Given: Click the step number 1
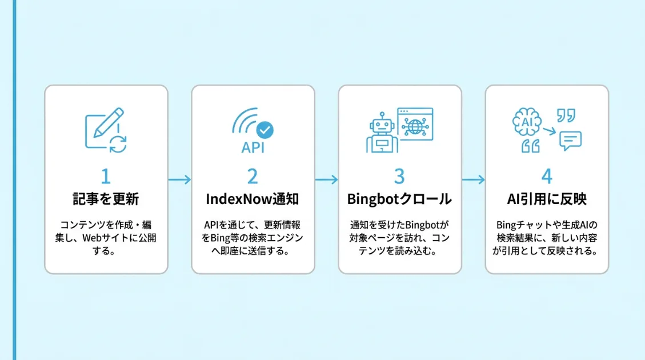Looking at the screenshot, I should pos(106,175).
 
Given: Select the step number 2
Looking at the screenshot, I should pos(253,175).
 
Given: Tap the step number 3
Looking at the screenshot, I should pos(400,175).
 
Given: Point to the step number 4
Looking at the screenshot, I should pos(547,175).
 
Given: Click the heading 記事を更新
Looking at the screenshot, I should pos(106,199).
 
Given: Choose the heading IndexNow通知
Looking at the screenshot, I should pos(253,199).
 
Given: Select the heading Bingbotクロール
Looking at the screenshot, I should pos(400,199).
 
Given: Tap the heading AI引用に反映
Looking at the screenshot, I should pos(547,199).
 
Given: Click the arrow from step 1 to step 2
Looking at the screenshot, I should pos(179,179).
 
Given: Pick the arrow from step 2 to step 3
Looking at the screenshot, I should pos(326,179).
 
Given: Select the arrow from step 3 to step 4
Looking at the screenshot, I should pos(473,179).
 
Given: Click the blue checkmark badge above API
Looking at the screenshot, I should pos(265,130).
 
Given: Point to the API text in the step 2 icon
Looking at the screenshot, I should pos(253,148).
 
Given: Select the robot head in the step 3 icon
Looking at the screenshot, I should pos(380,125).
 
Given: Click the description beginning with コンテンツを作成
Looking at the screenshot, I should pos(106,237).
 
